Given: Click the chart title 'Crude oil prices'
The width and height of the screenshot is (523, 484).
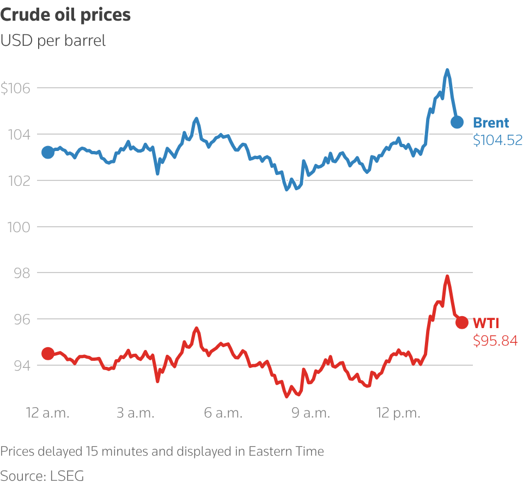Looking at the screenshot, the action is (x=65, y=15).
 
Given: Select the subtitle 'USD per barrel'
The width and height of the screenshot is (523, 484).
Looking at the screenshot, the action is (x=53, y=41).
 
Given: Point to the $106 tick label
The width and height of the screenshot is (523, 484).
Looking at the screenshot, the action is (x=15, y=88).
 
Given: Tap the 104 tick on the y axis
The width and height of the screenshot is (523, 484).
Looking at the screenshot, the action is (x=19, y=135).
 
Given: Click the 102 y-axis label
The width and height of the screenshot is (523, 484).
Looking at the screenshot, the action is (x=19, y=180).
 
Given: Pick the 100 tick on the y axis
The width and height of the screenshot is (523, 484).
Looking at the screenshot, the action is (x=19, y=227).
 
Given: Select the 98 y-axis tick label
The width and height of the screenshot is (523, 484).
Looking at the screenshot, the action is (x=22, y=273).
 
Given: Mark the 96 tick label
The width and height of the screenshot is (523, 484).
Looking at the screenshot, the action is (x=22, y=319).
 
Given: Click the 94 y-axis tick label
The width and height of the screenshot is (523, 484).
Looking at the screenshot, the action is (x=22, y=366).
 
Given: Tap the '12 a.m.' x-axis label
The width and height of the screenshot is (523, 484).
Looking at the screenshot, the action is (x=48, y=413).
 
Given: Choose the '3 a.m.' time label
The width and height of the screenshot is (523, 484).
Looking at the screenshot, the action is (x=136, y=413).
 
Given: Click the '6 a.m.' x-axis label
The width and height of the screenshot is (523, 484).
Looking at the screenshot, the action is (x=223, y=413).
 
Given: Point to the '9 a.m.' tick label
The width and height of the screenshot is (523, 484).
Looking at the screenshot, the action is (x=311, y=413).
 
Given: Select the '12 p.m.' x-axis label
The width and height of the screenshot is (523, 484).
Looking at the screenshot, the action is (x=399, y=413).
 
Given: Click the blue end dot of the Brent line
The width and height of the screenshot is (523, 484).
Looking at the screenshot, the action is (x=457, y=122).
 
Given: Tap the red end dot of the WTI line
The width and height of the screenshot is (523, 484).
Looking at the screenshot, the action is (x=462, y=323).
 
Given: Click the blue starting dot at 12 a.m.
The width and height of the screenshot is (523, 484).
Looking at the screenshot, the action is (x=48, y=152).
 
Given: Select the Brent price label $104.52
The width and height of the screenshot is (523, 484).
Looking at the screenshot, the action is (x=497, y=140).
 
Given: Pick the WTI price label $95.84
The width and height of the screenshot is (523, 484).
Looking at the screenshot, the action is (x=495, y=341).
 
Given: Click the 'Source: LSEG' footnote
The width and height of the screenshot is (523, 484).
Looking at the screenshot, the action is (x=42, y=476).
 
